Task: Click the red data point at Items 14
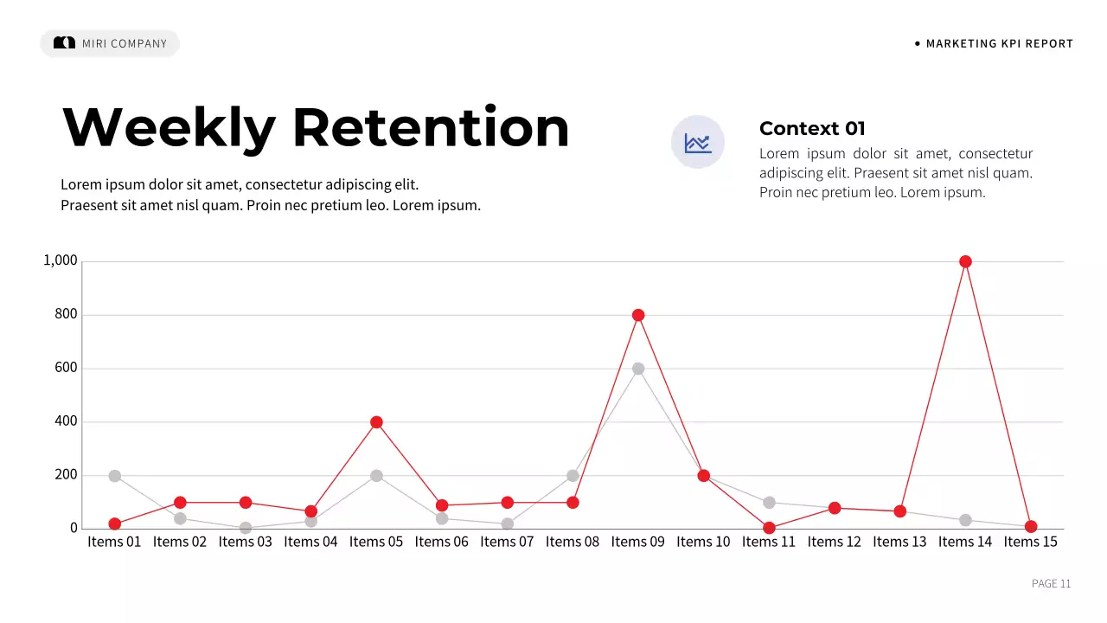(x=965, y=261)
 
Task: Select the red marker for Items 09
(x=638, y=315)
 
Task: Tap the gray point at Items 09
(x=638, y=369)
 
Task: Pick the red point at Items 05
(x=376, y=422)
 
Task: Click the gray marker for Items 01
(x=115, y=476)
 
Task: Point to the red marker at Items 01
(x=115, y=523)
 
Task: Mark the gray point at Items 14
(x=965, y=520)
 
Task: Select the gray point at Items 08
(x=573, y=476)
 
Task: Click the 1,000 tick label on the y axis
(x=61, y=260)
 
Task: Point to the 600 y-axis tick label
(x=67, y=368)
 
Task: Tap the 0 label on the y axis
(x=74, y=528)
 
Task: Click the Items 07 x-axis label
(x=507, y=542)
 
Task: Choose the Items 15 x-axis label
(x=1030, y=542)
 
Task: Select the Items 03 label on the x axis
(x=245, y=542)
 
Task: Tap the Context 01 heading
(x=812, y=129)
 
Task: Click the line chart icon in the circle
(x=698, y=142)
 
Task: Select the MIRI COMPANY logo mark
(x=65, y=43)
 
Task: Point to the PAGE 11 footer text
(x=1051, y=583)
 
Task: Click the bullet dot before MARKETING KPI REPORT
(x=918, y=43)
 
